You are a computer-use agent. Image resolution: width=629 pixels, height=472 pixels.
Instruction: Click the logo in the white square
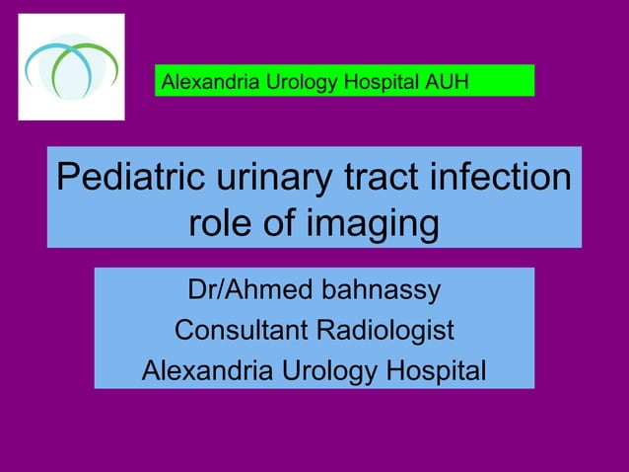pos(72,67)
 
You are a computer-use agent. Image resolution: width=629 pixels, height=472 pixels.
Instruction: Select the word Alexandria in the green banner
pos(210,81)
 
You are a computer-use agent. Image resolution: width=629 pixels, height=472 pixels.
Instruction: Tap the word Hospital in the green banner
pos(385,81)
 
